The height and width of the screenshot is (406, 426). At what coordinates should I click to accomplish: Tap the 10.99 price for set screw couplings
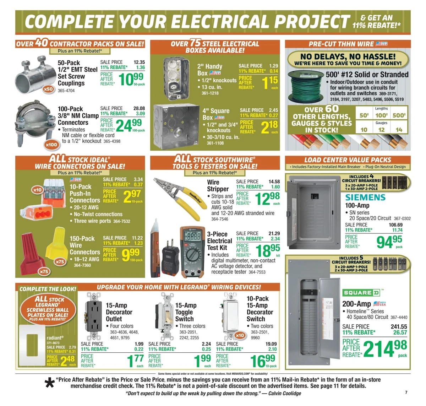tap(131, 79)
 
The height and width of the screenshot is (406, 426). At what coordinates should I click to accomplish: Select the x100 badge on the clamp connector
tap(51, 145)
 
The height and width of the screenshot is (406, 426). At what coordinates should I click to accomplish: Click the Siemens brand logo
tap(365, 197)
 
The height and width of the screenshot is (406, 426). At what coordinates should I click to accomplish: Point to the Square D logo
tap(361, 293)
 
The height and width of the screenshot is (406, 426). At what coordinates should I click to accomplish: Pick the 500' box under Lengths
tap(399, 115)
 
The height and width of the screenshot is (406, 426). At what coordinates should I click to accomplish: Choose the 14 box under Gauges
tap(399, 130)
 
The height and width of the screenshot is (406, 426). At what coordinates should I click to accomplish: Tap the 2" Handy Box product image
tap(176, 78)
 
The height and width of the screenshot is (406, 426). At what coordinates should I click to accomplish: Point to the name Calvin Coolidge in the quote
tap(285, 393)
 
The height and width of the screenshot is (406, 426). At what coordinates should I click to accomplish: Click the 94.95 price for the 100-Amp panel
tap(389, 242)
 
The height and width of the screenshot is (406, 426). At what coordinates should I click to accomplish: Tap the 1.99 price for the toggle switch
tap(203, 361)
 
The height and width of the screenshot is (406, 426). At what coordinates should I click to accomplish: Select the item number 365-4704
tap(66, 91)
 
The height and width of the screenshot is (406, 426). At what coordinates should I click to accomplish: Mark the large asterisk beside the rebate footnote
tap(49, 383)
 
